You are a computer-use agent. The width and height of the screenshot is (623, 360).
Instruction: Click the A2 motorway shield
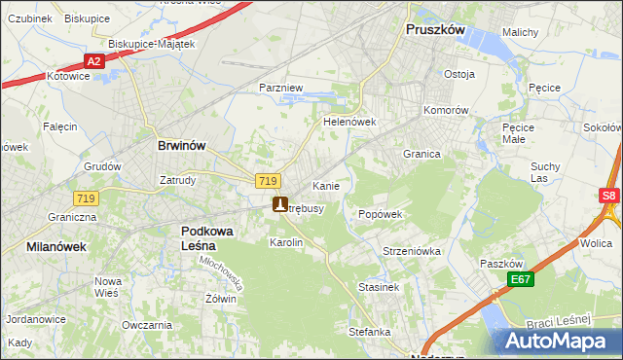pyautogui.click(x=93, y=61)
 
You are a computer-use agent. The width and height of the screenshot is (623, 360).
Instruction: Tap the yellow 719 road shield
pyautogui.click(x=269, y=181)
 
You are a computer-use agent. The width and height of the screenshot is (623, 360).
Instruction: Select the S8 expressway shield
pyautogui.click(x=609, y=196)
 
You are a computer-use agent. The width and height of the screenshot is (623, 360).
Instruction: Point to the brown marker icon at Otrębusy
pyautogui.click(x=280, y=204)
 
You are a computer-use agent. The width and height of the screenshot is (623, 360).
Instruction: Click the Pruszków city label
pyautogui.click(x=435, y=30)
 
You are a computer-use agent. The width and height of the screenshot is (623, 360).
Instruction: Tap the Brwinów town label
pyautogui.click(x=181, y=145)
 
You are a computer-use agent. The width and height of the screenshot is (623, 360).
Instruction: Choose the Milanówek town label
pyautogui.click(x=56, y=247)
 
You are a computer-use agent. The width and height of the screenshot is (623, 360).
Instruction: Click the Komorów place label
pyautogui.click(x=447, y=110)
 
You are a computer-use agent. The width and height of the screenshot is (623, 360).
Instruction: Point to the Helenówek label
pyautogui.click(x=349, y=123)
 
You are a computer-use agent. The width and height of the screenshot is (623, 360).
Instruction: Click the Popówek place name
pyautogui.click(x=381, y=214)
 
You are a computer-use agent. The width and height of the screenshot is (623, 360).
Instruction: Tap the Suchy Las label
pyautogui.click(x=545, y=172)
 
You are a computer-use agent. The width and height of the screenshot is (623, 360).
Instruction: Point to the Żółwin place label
pyautogui.click(x=219, y=299)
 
